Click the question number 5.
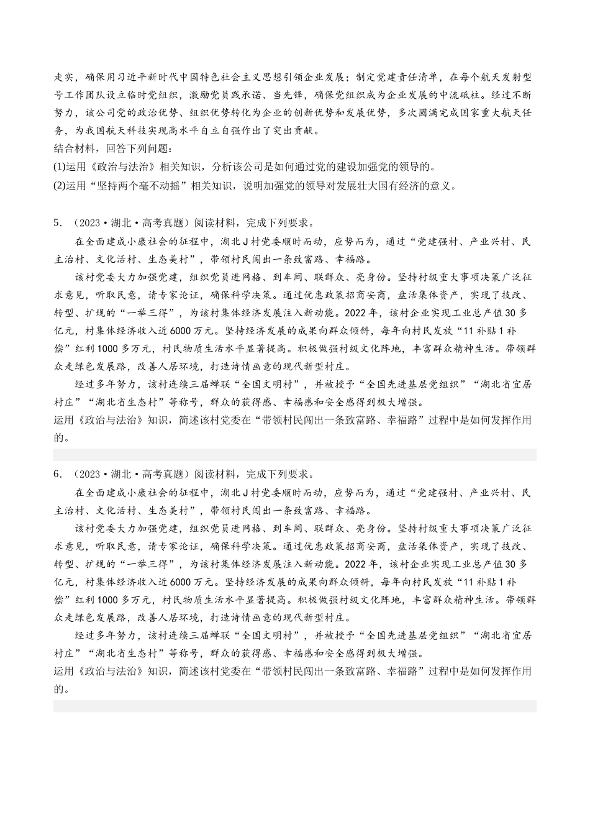[57, 224]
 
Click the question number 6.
[57, 475]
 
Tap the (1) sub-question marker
[60, 167]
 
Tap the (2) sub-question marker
[60, 185]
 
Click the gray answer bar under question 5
[294, 455]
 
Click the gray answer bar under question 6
[294, 706]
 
